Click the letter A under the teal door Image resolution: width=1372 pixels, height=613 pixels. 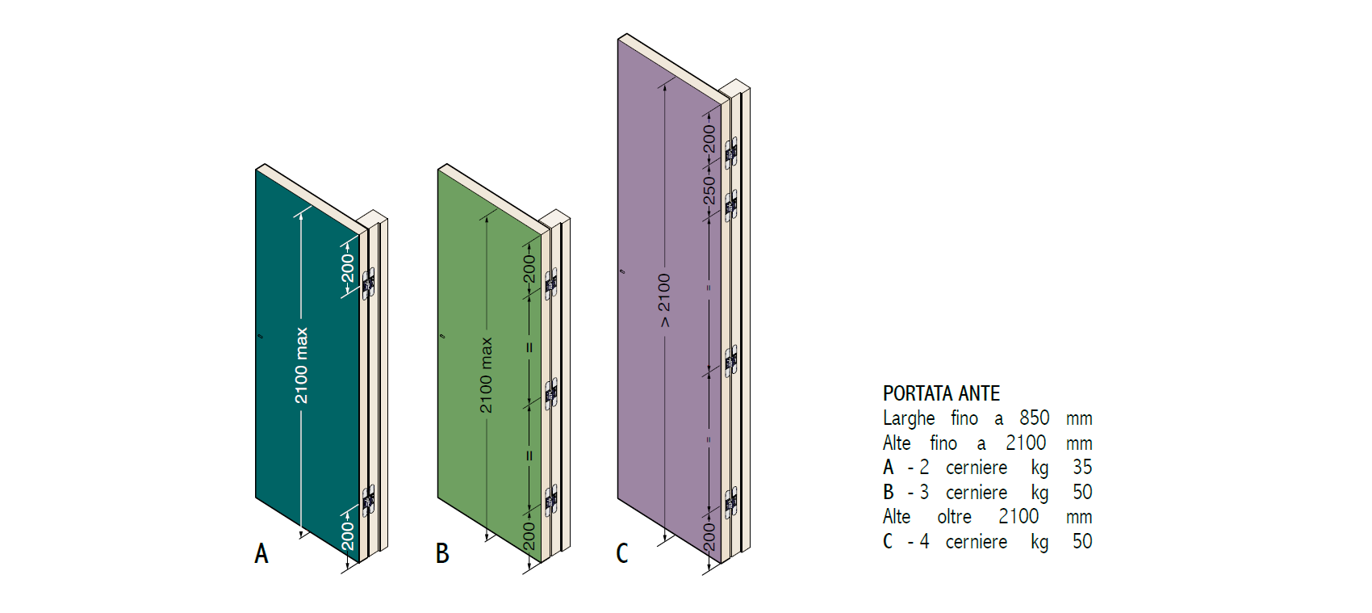(x=261, y=553)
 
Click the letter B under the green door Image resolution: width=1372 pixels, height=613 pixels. (x=442, y=553)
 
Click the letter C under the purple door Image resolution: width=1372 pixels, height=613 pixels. (x=622, y=553)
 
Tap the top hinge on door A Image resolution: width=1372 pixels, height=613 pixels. (x=368, y=283)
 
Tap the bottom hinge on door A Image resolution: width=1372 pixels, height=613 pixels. (x=368, y=501)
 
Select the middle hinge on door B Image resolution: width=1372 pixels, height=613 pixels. (x=551, y=394)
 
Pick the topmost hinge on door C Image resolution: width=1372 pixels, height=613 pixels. (x=731, y=152)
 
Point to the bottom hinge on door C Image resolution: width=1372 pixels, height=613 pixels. (x=731, y=502)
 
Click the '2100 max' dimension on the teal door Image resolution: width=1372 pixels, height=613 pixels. (x=301, y=365)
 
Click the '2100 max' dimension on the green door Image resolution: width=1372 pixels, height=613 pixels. (x=486, y=375)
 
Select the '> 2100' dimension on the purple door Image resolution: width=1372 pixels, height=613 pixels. (x=664, y=300)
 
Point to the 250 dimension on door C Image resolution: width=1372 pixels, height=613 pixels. (x=709, y=191)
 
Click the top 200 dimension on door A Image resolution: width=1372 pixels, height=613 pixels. (x=348, y=267)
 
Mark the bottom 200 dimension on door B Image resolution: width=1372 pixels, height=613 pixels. (x=529, y=535)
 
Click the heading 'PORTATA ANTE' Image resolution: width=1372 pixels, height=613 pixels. (x=941, y=393)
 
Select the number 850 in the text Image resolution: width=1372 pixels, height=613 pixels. (x=1034, y=418)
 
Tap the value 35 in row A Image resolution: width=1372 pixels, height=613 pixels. (x=1082, y=467)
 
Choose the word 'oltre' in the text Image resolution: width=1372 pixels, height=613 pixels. (x=954, y=516)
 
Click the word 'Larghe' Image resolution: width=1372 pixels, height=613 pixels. (x=909, y=418)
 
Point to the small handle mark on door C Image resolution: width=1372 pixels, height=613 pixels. (x=622, y=271)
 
